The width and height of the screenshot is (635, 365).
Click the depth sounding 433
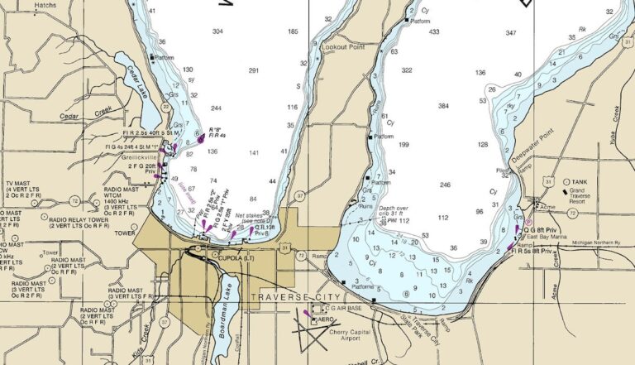pos(434,32)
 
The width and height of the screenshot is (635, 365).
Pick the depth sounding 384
pos(443,107)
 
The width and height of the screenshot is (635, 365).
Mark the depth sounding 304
pos(217,31)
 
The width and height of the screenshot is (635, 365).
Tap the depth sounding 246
pos(446,185)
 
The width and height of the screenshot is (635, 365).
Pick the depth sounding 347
pos(511,33)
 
